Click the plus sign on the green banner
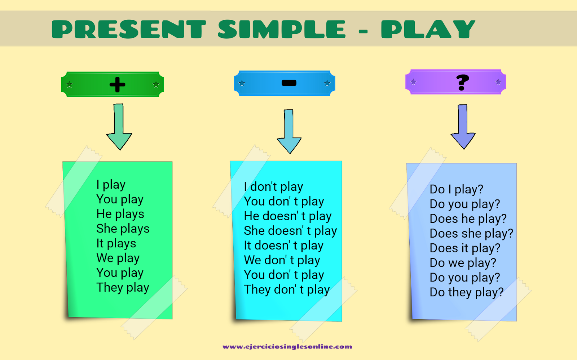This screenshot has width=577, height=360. click(117, 85)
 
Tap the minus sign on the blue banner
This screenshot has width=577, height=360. click(289, 83)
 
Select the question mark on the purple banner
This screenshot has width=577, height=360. click(462, 82)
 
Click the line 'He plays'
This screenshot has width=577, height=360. click(120, 214)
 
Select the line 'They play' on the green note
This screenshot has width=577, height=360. click(123, 288)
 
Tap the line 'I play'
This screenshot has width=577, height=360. click(111, 185)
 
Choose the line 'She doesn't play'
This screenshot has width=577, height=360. click(290, 231)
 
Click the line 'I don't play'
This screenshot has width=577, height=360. click(273, 187)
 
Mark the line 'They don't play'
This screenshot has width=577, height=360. click(287, 290)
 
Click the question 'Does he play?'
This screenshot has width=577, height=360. click(468, 219)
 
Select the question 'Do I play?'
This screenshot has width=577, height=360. click(456, 189)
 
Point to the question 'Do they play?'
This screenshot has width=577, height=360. click(466, 292)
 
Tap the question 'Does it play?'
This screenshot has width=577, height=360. click(465, 248)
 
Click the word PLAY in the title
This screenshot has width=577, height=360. click(428, 29)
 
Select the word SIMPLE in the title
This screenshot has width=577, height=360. click(282, 29)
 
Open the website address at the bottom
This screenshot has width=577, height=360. click(287, 347)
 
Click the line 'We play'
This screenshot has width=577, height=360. click(118, 258)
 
